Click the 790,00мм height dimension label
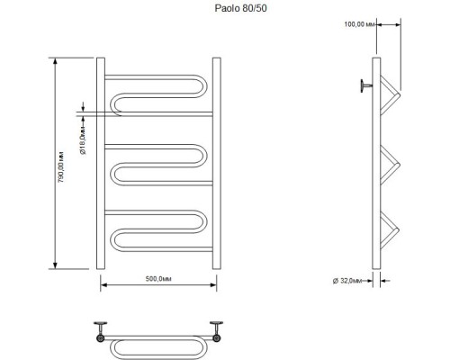pos(62,166)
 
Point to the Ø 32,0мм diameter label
pos(349,281)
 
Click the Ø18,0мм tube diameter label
pos(82,140)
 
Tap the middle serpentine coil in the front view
pos(158,161)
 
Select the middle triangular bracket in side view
pos(389,163)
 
